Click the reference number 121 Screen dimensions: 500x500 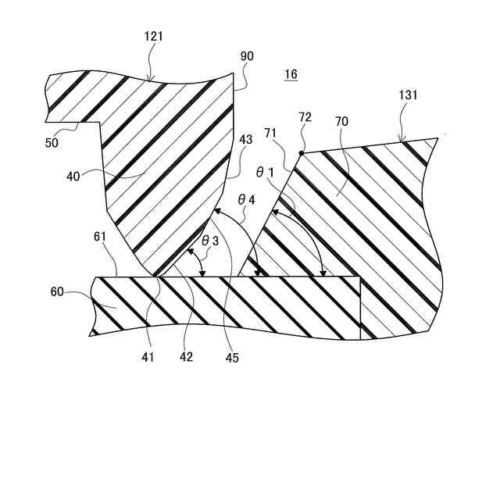pos(153,36)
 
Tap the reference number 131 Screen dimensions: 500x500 pos(409,95)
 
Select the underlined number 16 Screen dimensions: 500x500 pos(291,75)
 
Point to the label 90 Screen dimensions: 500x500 pos(247,56)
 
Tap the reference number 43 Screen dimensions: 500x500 pos(247,140)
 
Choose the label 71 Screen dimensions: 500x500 pos(270,134)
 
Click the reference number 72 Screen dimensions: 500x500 pos(305,116)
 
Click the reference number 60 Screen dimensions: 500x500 pos(57,292)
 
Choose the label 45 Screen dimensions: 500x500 pos(232,359)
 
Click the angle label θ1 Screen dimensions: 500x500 pos(268,170)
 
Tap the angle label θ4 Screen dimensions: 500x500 pos(247,200)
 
